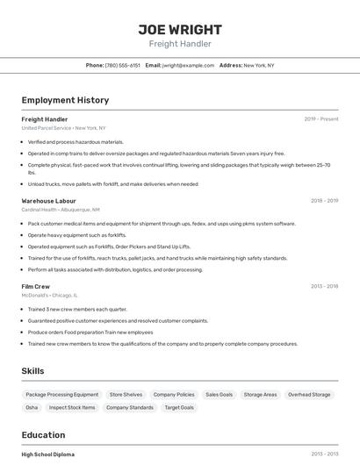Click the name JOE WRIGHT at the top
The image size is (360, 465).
click(180, 29)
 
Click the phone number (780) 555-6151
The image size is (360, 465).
click(122, 65)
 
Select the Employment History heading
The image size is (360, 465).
click(65, 100)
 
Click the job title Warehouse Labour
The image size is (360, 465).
click(48, 201)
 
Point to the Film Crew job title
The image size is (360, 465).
click(36, 286)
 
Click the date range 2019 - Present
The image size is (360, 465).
click(321, 119)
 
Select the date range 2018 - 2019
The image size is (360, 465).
click(324, 201)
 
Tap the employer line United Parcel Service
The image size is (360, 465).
click(63, 128)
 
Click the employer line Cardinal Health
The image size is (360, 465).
click(61, 210)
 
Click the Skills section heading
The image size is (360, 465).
click(32, 371)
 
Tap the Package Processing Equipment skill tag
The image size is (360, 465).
click(62, 395)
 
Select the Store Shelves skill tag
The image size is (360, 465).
click(126, 395)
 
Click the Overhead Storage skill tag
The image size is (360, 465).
click(309, 395)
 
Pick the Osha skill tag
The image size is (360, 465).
click(32, 407)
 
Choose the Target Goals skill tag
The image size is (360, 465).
click(179, 407)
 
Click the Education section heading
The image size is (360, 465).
click(43, 435)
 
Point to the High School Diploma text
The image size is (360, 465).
click(47, 454)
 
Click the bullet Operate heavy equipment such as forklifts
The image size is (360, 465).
click(77, 235)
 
